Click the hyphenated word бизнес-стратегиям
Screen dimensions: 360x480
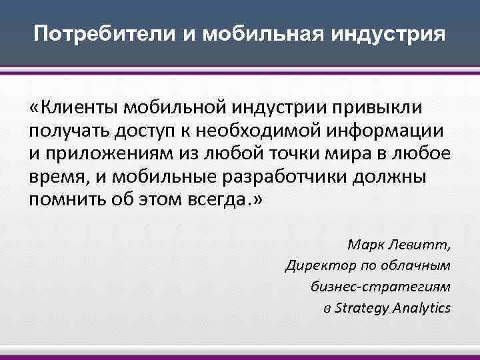point(381,287)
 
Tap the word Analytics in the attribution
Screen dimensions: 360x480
point(422,308)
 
